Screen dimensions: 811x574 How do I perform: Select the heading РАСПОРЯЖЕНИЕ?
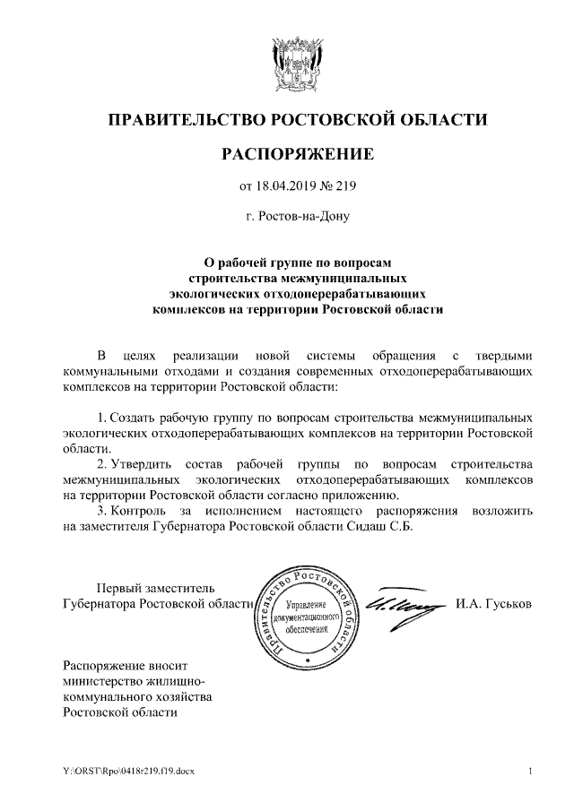point(297,155)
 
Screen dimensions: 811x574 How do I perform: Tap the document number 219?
point(346,187)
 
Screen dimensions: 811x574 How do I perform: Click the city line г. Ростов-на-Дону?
point(297,216)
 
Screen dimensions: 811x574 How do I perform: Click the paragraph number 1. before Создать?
point(101,418)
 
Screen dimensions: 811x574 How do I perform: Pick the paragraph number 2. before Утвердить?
point(101,464)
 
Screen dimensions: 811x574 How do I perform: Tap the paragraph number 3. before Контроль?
point(101,511)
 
